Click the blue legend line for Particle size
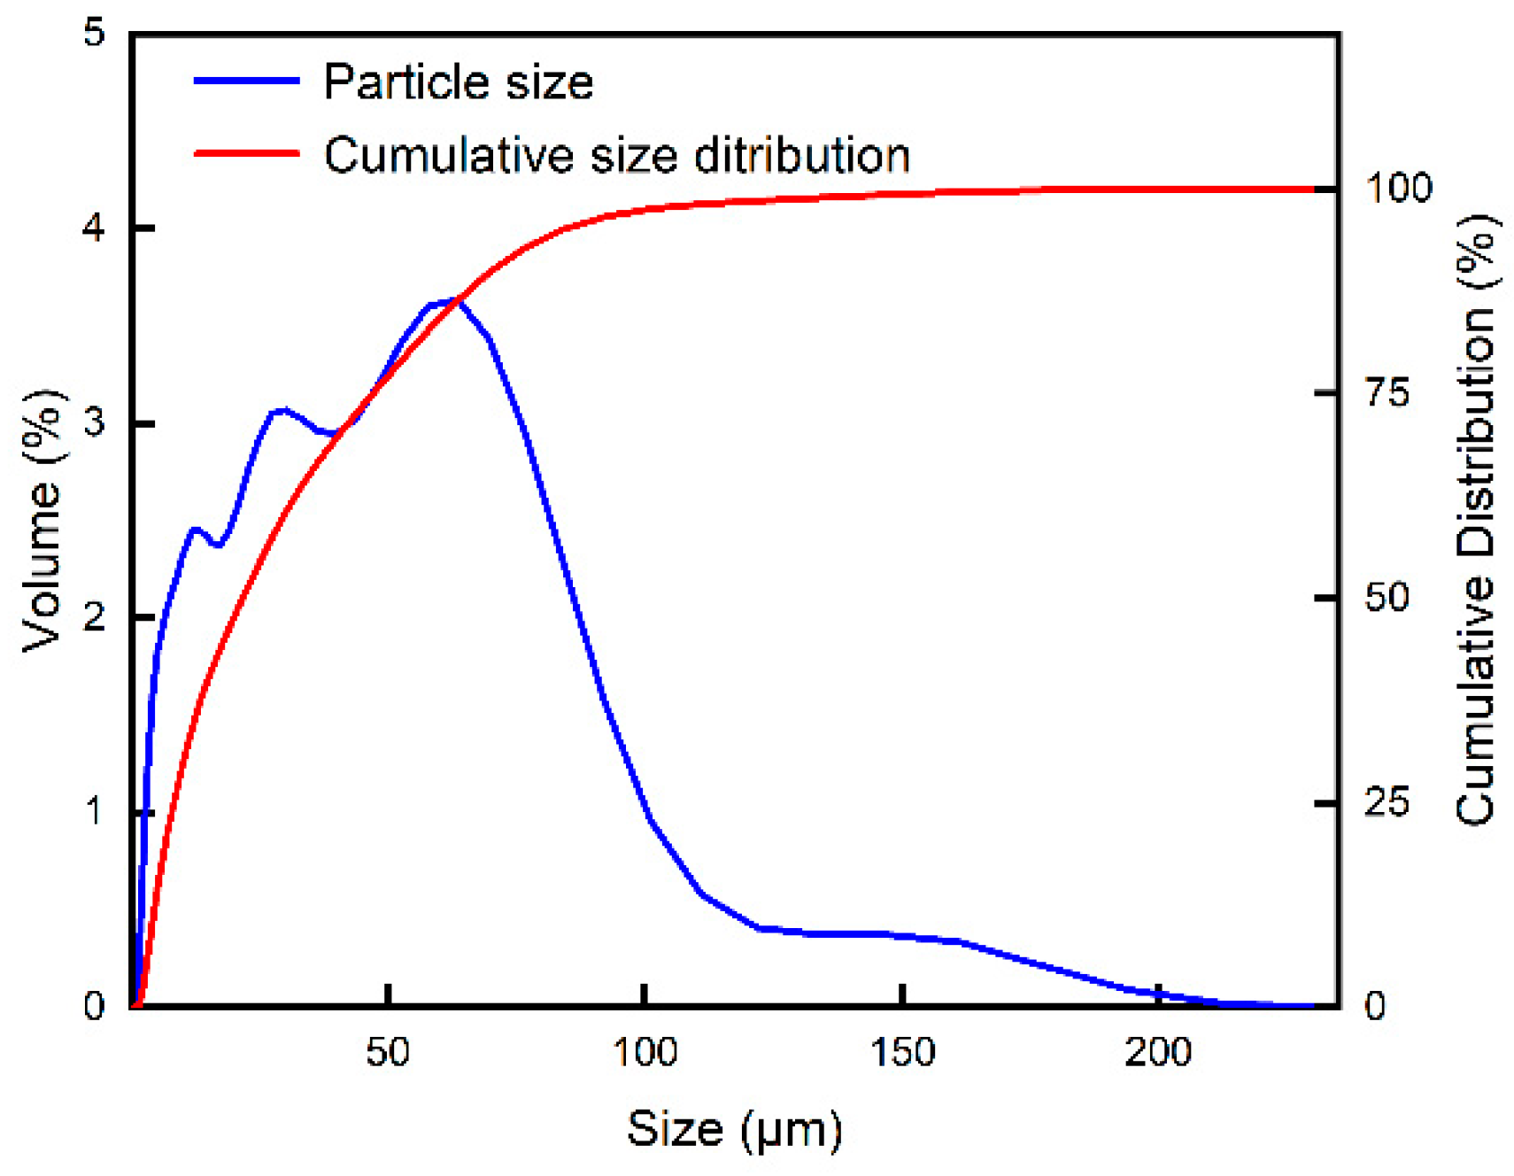(246, 81)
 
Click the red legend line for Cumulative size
(246, 153)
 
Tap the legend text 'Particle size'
(458, 82)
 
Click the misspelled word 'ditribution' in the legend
(801, 155)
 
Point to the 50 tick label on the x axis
(388, 1052)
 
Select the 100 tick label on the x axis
(645, 1052)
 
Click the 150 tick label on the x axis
(901, 1052)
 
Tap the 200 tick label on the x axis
(1158, 1052)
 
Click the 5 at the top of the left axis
(94, 33)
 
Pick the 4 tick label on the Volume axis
(94, 228)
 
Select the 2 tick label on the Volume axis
(94, 617)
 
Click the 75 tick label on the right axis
(1387, 392)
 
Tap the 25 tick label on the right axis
(1387, 802)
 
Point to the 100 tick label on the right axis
(1398, 188)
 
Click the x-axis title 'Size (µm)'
(734, 1129)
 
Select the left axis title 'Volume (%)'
(42, 521)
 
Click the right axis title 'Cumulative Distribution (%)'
(1476, 521)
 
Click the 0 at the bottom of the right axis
(1375, 1006)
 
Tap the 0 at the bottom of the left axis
(94, 1006)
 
